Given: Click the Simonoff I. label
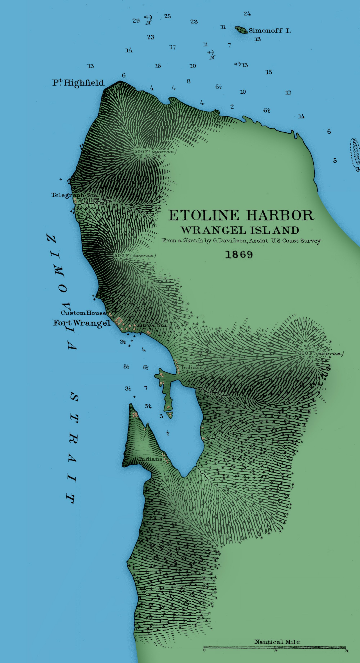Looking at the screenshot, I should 269,31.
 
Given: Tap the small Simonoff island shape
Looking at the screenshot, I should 241,30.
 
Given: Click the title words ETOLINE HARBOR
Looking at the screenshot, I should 241,215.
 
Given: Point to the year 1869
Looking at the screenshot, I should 239,255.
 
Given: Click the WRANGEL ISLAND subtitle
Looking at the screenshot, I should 240,230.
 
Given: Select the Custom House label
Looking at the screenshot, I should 83,313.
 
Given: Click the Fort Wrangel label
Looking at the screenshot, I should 82,323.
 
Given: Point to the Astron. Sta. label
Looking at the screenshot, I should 152,325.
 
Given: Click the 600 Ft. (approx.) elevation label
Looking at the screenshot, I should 320,353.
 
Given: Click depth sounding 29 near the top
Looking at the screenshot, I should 136,21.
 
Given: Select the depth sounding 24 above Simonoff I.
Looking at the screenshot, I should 247,13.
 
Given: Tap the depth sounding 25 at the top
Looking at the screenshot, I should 167,16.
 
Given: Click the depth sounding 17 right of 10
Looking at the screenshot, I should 288,93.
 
